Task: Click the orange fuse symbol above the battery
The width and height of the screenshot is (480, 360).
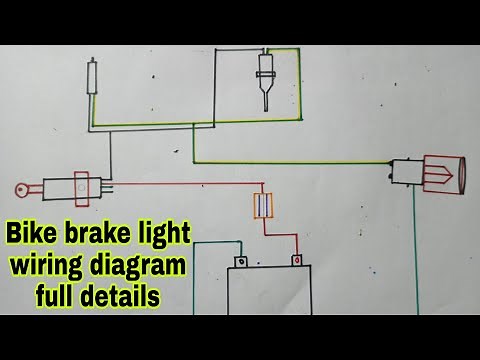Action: click(x=265, y=206)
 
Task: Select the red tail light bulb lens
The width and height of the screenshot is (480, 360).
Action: click(x=446, y=176)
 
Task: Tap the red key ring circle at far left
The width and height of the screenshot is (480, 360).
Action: click(x=20, y=187)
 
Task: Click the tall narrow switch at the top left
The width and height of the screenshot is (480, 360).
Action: click(x=94, y=77)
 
